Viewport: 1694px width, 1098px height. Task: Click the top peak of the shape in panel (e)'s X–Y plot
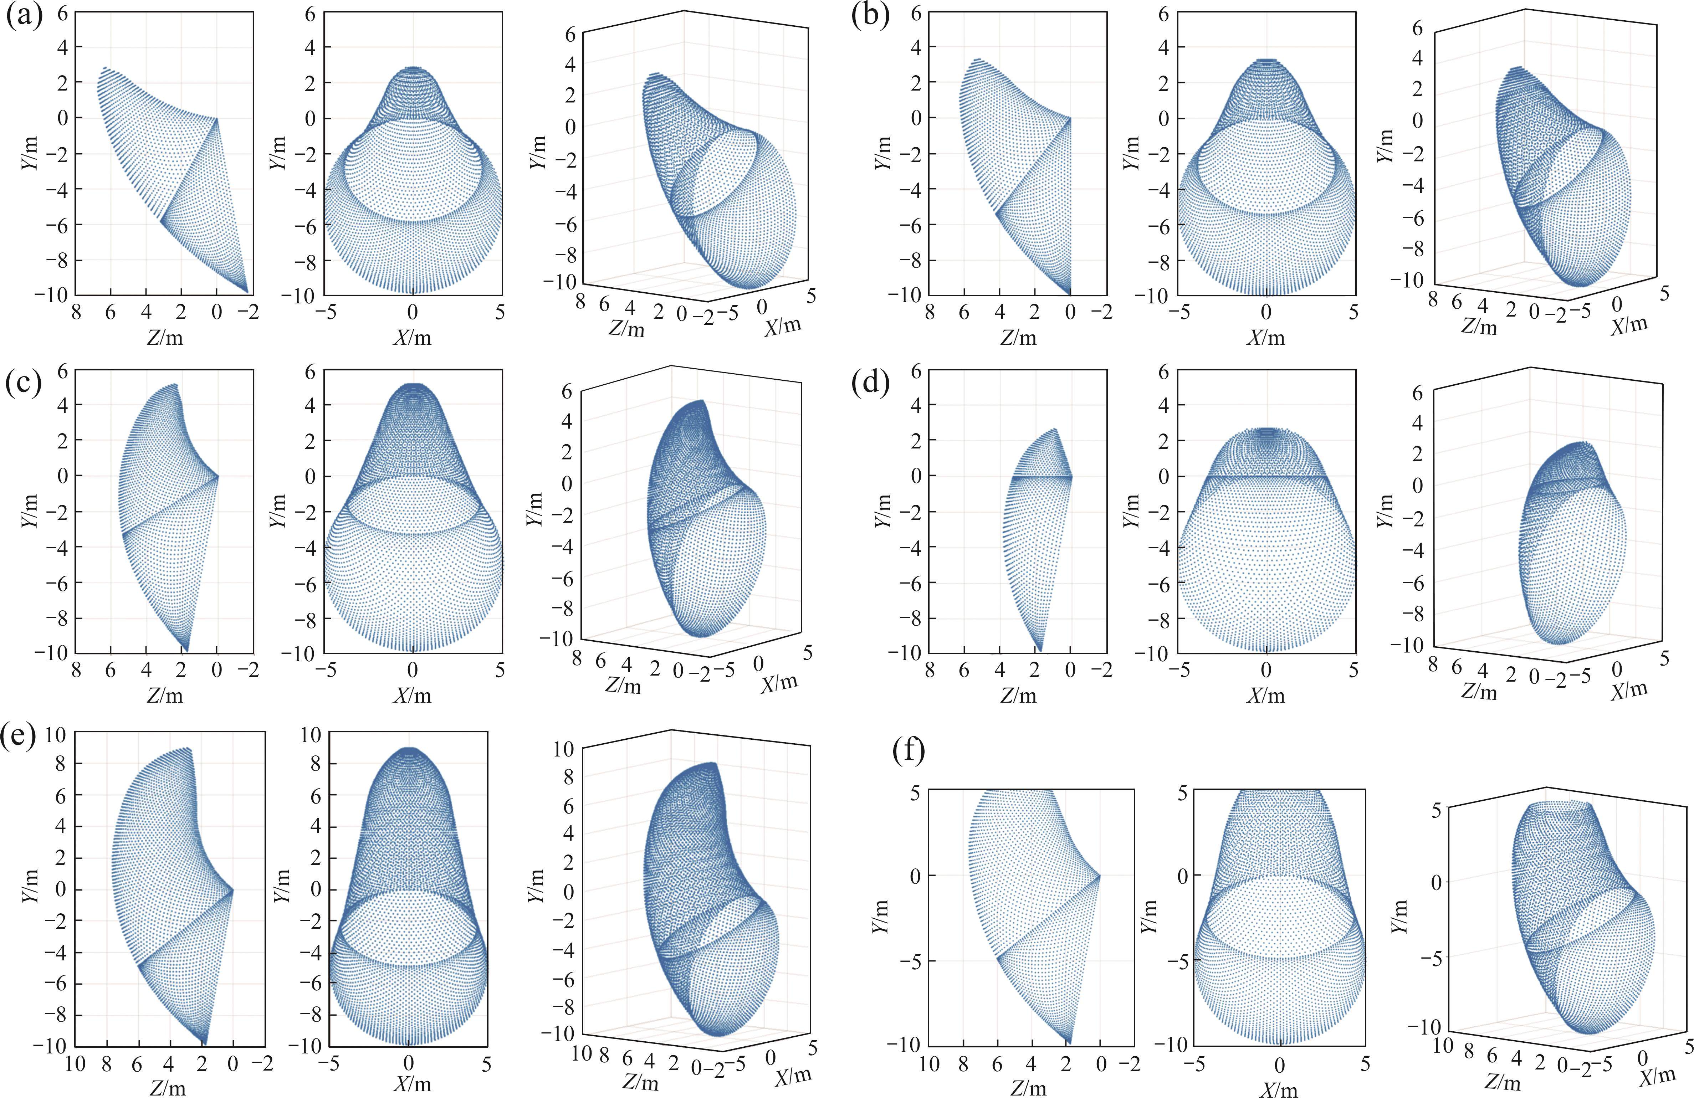[408, 749]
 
